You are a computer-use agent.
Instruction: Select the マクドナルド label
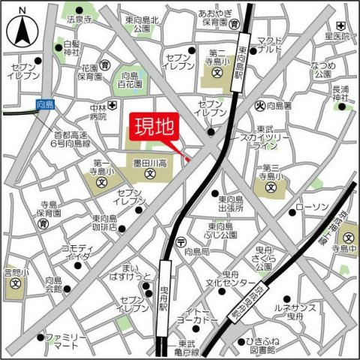(x=269, y=45)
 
